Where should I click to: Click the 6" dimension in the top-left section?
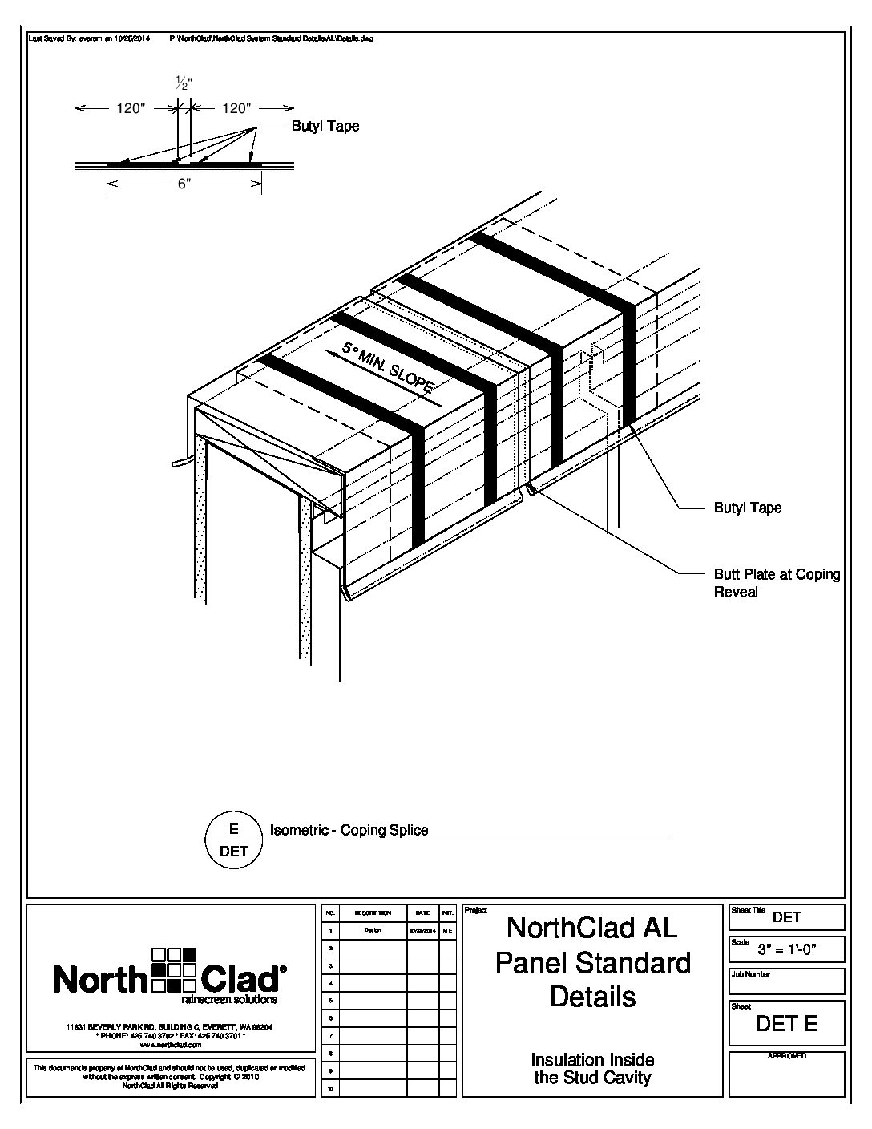coord(184,184)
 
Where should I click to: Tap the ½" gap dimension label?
coord(184,82)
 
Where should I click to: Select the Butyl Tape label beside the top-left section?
coord(325,126)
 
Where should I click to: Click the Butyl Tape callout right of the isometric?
coord(747,508)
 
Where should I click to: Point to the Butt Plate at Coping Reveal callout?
coord(776,583)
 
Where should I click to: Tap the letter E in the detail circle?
coord(234,831)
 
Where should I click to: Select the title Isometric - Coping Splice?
coord(349,831)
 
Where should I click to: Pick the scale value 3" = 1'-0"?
coord(787,951)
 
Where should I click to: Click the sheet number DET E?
coord(787,1024)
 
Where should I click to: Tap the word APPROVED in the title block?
coord(786,1057)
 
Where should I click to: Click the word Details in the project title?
coord(592,997)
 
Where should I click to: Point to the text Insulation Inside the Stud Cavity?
coord(592,1069)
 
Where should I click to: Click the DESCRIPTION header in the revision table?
coord(372,913)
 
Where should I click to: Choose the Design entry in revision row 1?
coord(372,931)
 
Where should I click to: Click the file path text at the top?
coord(272,38)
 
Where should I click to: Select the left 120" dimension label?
coord(129,109)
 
